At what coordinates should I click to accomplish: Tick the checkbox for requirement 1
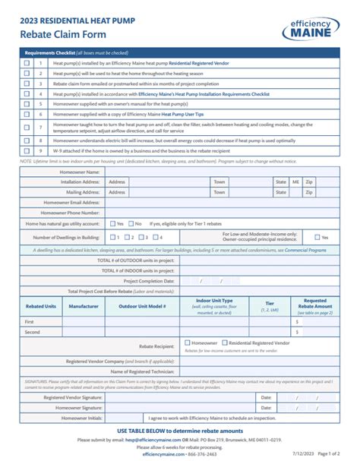[x=27, y=64]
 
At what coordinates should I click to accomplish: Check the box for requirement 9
[x=27, y=151]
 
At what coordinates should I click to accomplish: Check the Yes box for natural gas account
[x=112, y=224]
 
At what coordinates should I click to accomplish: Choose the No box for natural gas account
[x=130, y=224]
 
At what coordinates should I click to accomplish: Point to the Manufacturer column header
[x=84, y=306]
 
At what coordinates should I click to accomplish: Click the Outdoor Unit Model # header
[x=142, y=306]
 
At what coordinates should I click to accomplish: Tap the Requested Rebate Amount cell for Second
[x=318, y=333]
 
